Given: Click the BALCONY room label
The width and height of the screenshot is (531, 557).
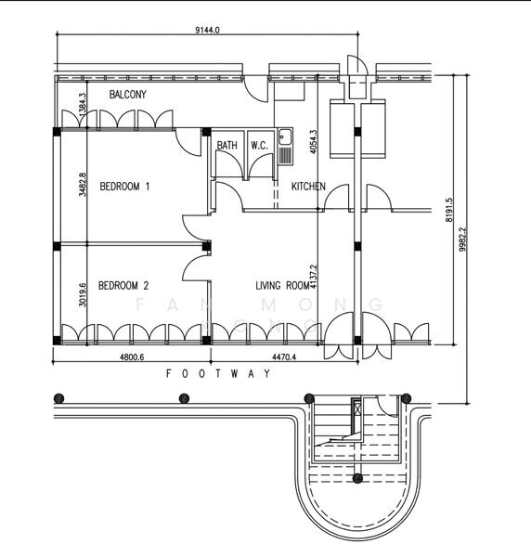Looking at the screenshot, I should pyautogui.click(x=127, y=96).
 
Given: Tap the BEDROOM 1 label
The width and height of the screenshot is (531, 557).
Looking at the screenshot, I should pyautogui.click(x=125, y=187).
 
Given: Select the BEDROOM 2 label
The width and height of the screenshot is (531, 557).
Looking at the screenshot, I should pyautogui.click(x=123, y=286).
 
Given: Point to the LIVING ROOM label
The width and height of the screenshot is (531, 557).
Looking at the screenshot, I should pyautogui.click(x=282, y=286).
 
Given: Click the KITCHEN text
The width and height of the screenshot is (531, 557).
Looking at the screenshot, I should pyautogui.click(x=308, y=187).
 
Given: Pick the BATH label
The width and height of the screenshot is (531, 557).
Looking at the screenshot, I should pyautogui.click(x=227, y=146).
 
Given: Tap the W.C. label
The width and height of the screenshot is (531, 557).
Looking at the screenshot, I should pyautogui.click(x=259, y=146).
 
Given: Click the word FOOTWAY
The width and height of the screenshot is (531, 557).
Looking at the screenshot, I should pyautogui.click(x=219, y=373).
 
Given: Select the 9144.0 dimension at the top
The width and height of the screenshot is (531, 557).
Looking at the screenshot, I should pyautogui.click(x=207, y=31).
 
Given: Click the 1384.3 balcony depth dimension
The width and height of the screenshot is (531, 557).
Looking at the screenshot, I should pyautogui.click(x=83, y=103).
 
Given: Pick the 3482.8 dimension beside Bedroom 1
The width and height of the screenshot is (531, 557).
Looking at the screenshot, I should pyautogui.click(x=83, y=185).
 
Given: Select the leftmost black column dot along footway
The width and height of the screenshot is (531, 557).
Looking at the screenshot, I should pyautogui.click(x=59, y=398).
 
